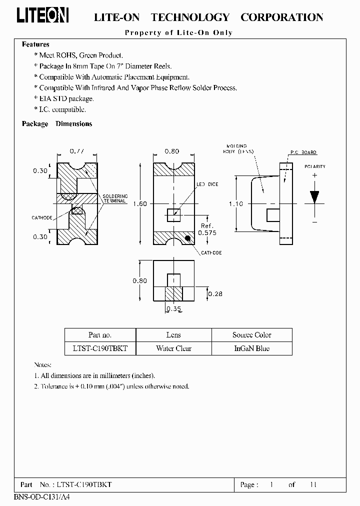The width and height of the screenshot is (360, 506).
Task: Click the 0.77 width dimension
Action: pos(76,151)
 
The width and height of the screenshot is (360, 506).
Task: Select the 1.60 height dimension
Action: pos(140,203)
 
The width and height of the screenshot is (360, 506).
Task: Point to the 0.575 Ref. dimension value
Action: pos(208,232)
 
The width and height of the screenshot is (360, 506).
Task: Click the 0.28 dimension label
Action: pos(215,293)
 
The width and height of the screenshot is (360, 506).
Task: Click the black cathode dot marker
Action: pos(187,237)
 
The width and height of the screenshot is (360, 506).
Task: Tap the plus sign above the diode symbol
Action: pos(314,175)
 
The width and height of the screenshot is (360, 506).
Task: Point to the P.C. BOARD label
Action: pos(303,152)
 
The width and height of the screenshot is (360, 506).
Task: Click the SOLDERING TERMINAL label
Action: pos(115,199)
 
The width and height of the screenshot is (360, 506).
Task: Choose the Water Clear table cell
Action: pos(173,348)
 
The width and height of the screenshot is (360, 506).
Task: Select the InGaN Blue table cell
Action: pos(251,348)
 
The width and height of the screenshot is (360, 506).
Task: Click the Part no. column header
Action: pos(100,335)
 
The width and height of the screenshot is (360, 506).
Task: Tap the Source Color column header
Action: pos(251,335)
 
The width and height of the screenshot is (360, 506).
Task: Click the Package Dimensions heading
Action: pos(57,124)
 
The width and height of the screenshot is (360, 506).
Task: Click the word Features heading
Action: pos(35,44)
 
